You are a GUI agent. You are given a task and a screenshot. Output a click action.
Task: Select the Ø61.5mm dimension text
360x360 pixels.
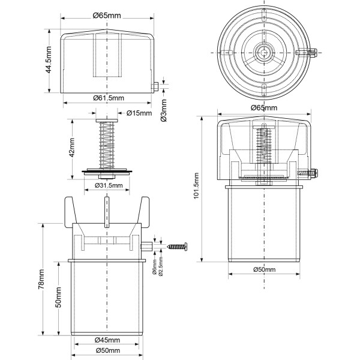click(x=108, y=97)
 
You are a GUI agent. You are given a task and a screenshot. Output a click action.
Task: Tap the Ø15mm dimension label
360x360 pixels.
click(x=140, y=113)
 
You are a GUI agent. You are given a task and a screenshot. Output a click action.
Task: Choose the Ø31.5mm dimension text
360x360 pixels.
click(x=108, y=185)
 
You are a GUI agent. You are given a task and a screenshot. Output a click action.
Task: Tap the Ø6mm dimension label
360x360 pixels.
click(x=155, y=265)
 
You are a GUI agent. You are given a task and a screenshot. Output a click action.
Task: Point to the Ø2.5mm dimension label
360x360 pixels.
click(x=161, y=266)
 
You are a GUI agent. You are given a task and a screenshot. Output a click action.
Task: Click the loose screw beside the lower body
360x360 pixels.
click(x=177, y=245)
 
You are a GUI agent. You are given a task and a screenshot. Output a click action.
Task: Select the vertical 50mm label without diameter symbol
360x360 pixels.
click(x=58, y=297)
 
